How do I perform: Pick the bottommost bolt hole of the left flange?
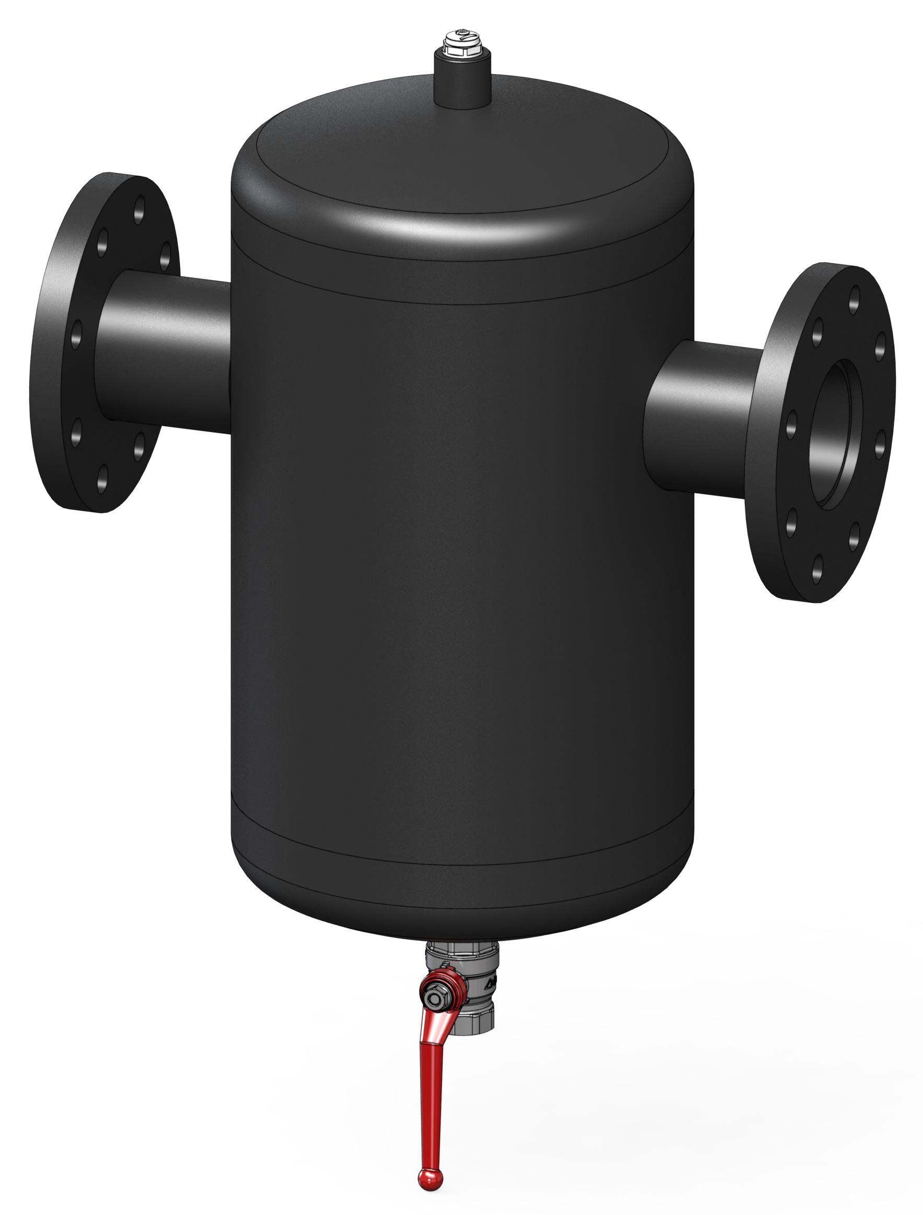point(102,476)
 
